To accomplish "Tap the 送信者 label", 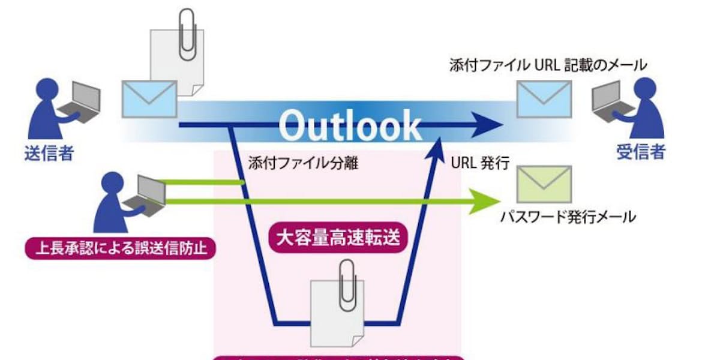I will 49,153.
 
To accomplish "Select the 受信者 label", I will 640,152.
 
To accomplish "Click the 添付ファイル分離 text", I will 302,163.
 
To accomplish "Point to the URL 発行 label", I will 479,163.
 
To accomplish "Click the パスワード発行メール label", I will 568,217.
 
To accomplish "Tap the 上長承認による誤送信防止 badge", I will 120,248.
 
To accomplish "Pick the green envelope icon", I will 544,184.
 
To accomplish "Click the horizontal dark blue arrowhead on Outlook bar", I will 486,126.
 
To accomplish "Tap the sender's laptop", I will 84,100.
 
